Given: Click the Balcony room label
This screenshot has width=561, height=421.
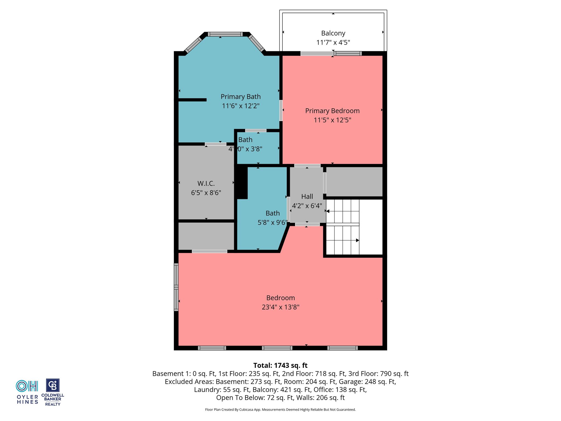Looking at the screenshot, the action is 333,33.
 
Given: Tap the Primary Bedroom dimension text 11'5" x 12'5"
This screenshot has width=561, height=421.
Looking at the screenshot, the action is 332,120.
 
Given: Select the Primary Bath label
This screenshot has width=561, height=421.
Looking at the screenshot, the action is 241,96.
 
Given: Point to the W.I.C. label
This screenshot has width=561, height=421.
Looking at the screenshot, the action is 206,183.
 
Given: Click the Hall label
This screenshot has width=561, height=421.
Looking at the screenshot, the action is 307,197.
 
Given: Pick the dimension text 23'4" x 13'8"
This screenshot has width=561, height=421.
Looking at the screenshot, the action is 280,307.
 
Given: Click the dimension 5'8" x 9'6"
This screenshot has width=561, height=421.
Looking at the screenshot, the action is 273,223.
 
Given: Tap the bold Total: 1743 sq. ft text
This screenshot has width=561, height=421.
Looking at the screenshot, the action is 280,365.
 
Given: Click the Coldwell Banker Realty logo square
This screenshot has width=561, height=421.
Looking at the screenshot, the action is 53,385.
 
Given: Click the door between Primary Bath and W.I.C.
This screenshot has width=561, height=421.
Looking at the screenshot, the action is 216,144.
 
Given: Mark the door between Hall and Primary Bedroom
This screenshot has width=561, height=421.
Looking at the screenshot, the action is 307,166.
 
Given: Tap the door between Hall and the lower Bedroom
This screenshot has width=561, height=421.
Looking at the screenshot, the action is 307,224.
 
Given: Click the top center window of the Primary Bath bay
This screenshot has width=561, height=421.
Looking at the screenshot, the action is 225,34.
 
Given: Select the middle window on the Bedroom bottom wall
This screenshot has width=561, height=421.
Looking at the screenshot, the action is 277,348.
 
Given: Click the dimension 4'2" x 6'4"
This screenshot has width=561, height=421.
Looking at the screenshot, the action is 307,206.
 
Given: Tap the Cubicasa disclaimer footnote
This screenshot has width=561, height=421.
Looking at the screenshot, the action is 280,409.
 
